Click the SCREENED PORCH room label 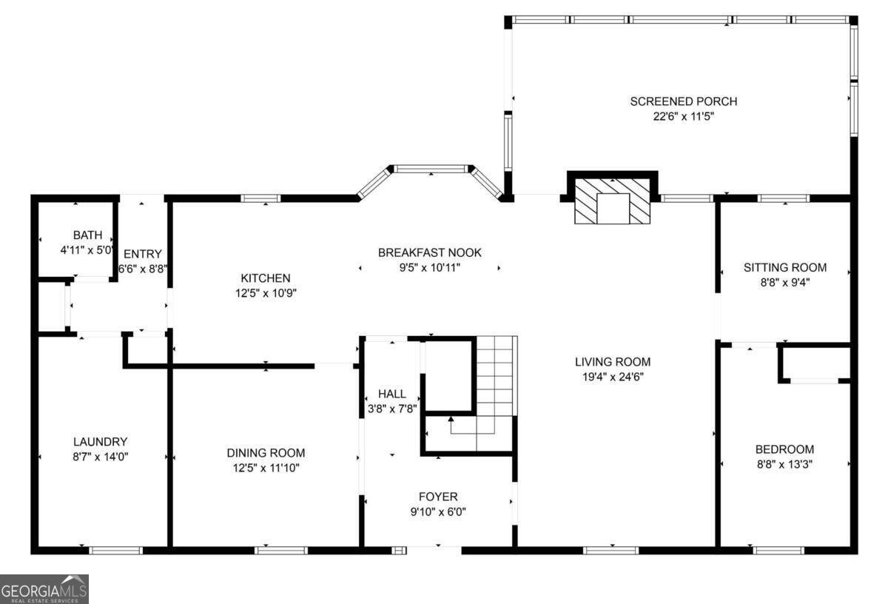coord(683,101)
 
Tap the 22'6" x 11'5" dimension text coord(683,116)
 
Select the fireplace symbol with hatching coord(612,201)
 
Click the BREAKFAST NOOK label coord(429,252)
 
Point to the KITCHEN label coord(265,278)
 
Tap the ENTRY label coord(143,254)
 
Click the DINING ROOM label coord(265,453)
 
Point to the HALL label coord(391,394)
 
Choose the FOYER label coord(438,497)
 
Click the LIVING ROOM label coord(613,362)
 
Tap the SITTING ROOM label coord(784,267)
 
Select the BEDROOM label coord(784,449)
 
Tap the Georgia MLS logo coord(44,588)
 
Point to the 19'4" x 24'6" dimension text coord(613,377)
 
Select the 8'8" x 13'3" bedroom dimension coord(784,464)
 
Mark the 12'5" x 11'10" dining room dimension coord(265,468)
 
